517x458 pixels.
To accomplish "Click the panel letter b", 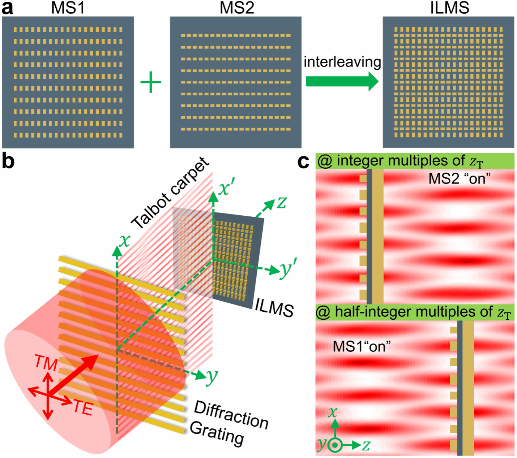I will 8,161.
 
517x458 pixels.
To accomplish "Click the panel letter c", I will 303,161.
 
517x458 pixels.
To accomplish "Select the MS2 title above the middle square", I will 237,8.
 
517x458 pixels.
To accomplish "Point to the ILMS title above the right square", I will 449,8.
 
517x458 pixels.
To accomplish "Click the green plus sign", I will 151,82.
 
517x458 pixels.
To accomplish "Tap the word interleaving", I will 342,62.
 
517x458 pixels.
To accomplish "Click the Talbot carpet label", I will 170,193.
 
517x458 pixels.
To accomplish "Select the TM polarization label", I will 46,362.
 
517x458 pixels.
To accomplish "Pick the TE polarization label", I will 83,408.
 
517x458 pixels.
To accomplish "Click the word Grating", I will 217,433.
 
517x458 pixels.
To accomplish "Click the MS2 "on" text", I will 459,178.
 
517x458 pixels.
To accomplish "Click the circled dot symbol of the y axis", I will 335,445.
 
